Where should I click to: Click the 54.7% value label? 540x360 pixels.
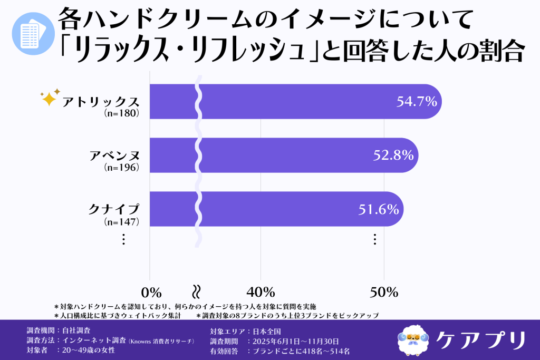point(416,101)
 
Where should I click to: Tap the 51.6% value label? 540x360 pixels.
point(378,209)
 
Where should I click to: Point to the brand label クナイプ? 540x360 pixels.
point(114,210)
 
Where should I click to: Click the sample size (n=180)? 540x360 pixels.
point(122,113)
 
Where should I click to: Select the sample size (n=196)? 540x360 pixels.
point(122,168)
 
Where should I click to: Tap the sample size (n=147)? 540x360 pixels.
point(122,222)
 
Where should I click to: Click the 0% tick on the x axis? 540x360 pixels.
point(151,292)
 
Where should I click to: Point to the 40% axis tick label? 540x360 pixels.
point(262,292)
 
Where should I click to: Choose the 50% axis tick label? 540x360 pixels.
point(384,292)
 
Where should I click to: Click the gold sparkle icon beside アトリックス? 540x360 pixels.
point(50,98)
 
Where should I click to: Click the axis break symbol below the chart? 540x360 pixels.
point(196,291)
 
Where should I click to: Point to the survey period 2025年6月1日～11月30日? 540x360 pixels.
point(296,341)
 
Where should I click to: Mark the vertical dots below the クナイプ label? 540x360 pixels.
point(123,239)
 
